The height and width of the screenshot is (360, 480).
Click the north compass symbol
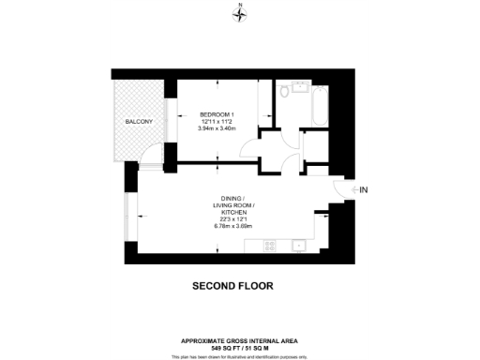pyautogui.click(x=241, y=11)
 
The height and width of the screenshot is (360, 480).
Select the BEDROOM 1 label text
pyautogui.click(x=216, y=113)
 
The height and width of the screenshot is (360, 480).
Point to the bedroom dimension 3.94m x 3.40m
pyautogui.click(x=216, y=128)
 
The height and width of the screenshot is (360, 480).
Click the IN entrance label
pyautogui.click(x=364, y=190)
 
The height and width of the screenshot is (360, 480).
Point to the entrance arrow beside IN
pyautogui.click(x=352, y=190)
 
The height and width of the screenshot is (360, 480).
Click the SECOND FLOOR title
pyautogui.click(x=232, y=286)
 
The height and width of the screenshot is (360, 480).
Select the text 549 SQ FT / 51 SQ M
pyautogui.click(x=240, y=347)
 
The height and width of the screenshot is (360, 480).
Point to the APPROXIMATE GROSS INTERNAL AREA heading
pyautogui.click(x=240, y=340)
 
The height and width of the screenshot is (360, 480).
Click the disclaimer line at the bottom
pyautogui.click(x=240, y=356)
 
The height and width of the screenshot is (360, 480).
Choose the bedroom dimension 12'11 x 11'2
pyautogui.click(x=216, y=121)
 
